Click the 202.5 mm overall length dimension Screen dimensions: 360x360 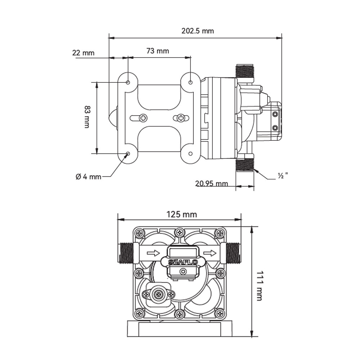[x=197, y=31]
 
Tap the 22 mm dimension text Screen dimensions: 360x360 [x=83, y=53]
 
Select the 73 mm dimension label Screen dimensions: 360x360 [x=158, y=51]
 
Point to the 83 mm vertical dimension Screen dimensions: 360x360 [x=87, y=117]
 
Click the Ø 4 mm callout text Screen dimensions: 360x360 [x=89, y=176]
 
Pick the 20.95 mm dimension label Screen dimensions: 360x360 [x=211, y=184]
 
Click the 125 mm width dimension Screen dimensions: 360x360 [x=181, y=215]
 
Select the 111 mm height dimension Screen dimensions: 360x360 [x=259, y=286]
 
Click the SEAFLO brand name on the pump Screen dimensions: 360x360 [x=183, y=262]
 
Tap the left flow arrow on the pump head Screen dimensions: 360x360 [x=153, y=253]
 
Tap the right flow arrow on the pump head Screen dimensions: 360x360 [x=210, y=253]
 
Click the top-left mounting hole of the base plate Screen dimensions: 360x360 [x=128, y=82]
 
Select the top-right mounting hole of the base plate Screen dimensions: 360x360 [x=190, y=82]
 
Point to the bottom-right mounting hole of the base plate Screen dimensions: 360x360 [x=190, y=154]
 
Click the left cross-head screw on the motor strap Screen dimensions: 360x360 [x=143, y=118]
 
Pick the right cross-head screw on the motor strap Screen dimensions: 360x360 [x=181, y=118]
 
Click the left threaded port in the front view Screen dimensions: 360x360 [x=126, y=253]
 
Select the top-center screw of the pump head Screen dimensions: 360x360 [x=180, y=233]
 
